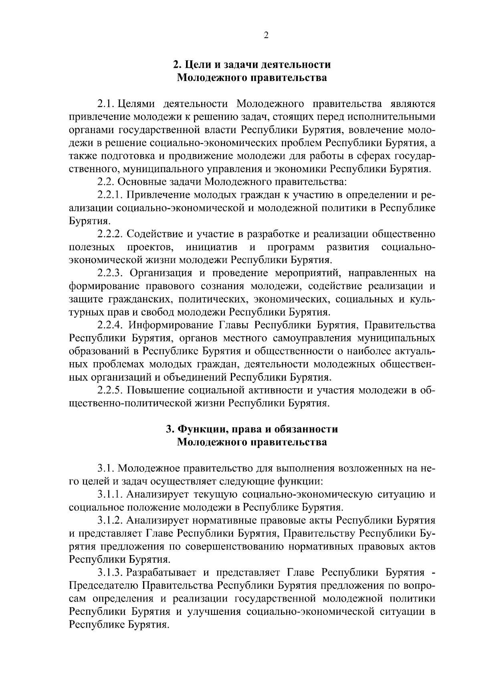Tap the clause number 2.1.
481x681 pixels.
click(x=106, y=104)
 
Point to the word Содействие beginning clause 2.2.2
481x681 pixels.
click(x=154, y=234)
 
